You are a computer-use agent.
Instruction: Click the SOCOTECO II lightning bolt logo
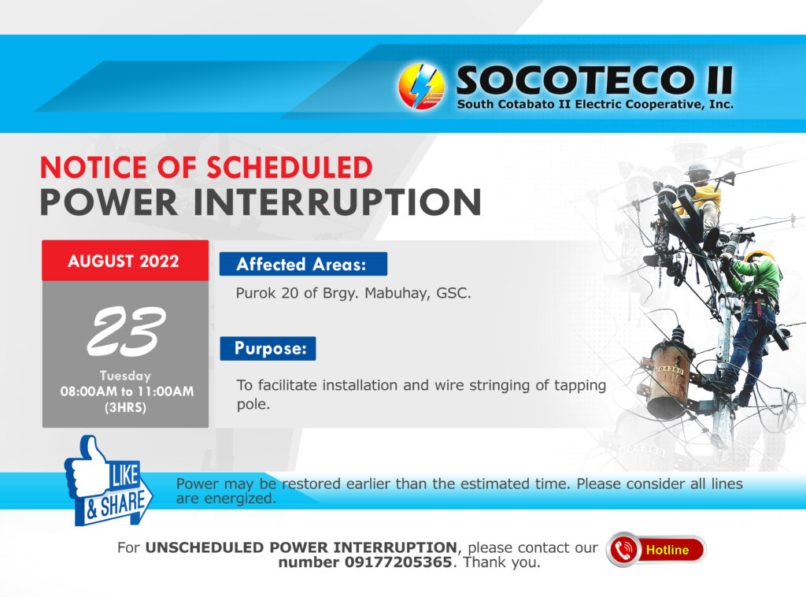pyautogui.click(x=421, y=87)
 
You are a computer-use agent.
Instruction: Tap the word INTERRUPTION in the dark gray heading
pyautogui.click(x=337, y=202)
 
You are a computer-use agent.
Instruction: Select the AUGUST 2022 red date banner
pyautogui.click(x=125, y=261)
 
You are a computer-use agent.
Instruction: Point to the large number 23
pyautogui.click(x=126, y=331)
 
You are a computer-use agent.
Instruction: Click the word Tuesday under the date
pyautogui.click(x=125, y=376)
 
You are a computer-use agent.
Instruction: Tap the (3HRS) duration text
pyautogui.click(x=125, y=408)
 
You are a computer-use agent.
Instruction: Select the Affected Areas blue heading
pyautogui.click(x=303, y=265)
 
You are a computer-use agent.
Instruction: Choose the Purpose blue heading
pyautogui.click(x=268, y=349)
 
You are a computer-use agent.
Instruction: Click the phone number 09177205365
pyautogui.click(x=397, y=562)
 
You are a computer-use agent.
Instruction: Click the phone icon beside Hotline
pyautogui.click(x=624, y=550)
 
